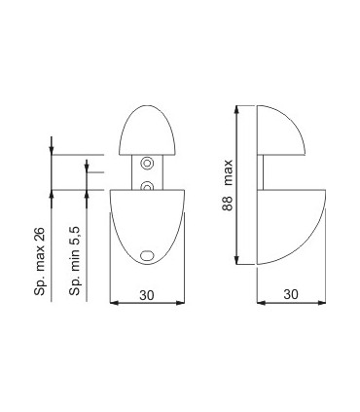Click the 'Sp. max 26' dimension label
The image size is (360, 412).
click(x=39, y=262)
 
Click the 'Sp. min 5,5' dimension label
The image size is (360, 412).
click(x=74, y=261)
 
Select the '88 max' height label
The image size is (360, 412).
click(x=228, y=185)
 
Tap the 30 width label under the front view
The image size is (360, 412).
click(x=147, y=295)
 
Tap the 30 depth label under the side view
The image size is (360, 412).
click(x=291, y=294)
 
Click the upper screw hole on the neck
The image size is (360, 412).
click(x=147, y=163)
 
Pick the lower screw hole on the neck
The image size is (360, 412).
click(x=147, y=186)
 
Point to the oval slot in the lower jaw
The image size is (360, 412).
click(x=147, y=255)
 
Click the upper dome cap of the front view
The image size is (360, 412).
click(x=147, y=130)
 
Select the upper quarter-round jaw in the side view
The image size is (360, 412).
click(x=281, y=130)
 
